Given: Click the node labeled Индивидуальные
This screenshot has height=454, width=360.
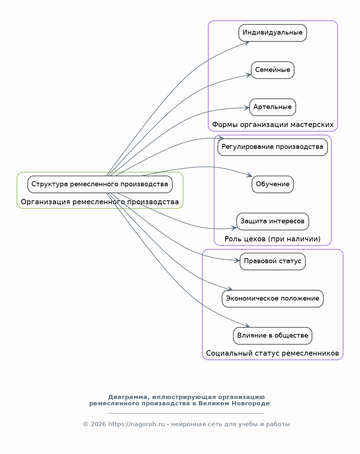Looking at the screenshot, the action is pos(272,33).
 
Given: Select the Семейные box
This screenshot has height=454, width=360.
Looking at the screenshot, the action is pos(272,70).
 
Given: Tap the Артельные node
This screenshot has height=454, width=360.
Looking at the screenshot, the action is pos(272,107).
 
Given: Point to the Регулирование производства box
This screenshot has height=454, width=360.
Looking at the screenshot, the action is pos(272,147).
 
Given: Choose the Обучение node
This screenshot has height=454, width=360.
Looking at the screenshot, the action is pos(272,184).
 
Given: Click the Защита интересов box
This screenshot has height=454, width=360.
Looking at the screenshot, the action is pos(272,222).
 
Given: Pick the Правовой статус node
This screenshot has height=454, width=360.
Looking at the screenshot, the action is pos(272,262).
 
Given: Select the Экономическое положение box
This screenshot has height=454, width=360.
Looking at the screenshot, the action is pos(272,299).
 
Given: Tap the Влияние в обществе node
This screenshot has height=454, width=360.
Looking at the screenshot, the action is pos(272,336).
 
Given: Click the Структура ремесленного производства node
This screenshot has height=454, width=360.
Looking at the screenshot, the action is pos(100,184).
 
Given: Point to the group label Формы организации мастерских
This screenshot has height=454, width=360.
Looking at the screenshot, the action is pos(272,125).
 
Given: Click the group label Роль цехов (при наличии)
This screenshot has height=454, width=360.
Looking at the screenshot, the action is pos(272,239).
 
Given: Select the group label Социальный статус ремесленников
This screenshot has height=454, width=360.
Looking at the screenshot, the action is pos(272,353).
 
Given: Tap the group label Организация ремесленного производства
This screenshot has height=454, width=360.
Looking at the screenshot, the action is pos(100,202).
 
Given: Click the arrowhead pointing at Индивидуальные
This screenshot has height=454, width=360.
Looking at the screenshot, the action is pos(247,43).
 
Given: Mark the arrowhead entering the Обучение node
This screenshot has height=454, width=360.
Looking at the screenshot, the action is pos(249,175).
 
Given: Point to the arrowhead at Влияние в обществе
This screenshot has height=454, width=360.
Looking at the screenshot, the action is pos(247,326).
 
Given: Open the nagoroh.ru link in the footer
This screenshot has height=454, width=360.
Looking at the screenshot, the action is pos(136,424).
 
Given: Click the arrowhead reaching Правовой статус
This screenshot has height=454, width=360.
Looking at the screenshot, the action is pos(237,261).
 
